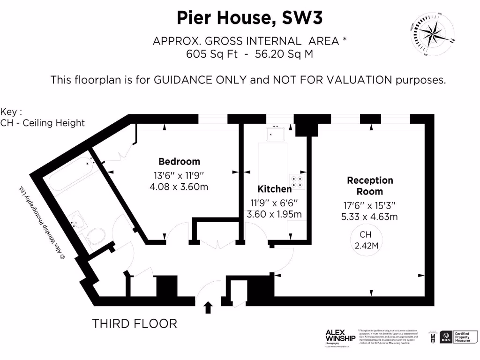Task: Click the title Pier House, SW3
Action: (250, 18)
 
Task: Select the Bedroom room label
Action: (179, 162)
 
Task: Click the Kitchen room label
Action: (275, 189)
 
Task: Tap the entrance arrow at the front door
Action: (208, 307)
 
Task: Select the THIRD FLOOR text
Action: (135, 323)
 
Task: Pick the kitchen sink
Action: (276, 134)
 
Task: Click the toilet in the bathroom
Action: (97, 236)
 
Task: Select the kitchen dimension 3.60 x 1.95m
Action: (275, 215)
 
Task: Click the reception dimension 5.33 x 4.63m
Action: (370, 217)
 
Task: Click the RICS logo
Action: (446, 338)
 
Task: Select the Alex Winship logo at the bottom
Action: (340, 337)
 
